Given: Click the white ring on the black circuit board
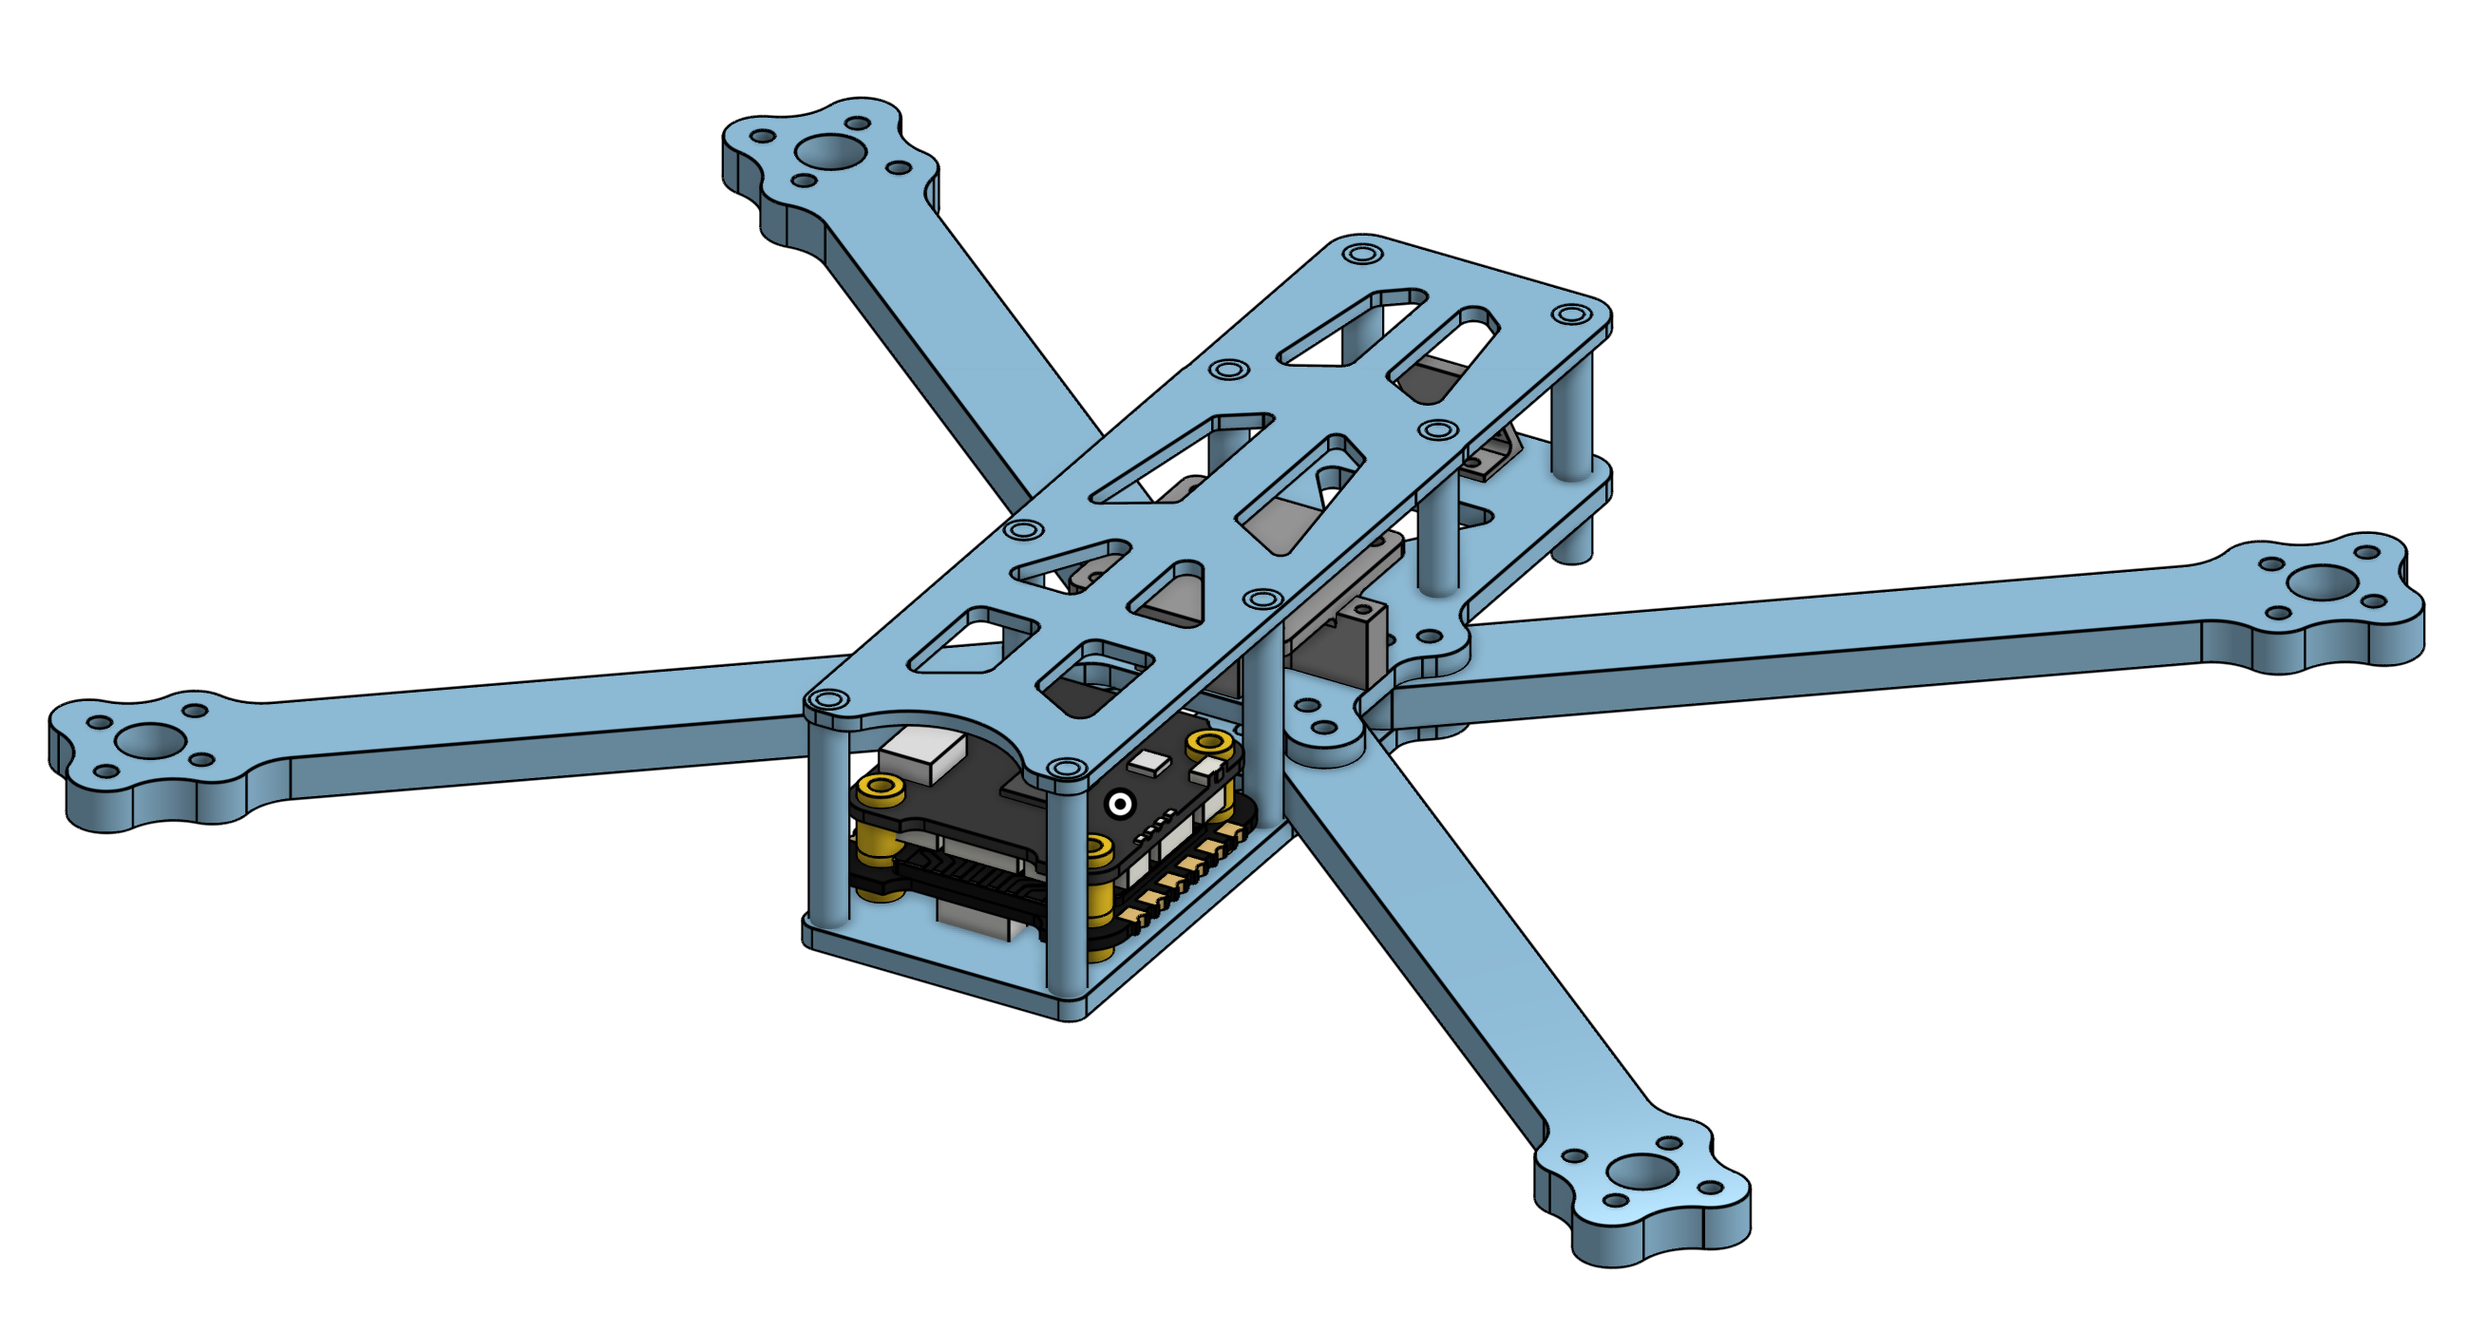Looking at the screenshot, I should pos(1119,803).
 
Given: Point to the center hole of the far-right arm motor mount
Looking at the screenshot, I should pos(2324,581).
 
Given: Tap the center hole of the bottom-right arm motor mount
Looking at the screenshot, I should pos(1642,1171).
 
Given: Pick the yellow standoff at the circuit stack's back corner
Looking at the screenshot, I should pos(1209,744).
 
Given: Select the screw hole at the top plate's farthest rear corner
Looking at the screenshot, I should pos(1361,255).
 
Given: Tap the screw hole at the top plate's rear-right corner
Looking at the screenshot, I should pos(1572,314).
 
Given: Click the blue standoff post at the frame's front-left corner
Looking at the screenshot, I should pos(829,830).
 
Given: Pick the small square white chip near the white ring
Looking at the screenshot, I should pos(1149,763).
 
